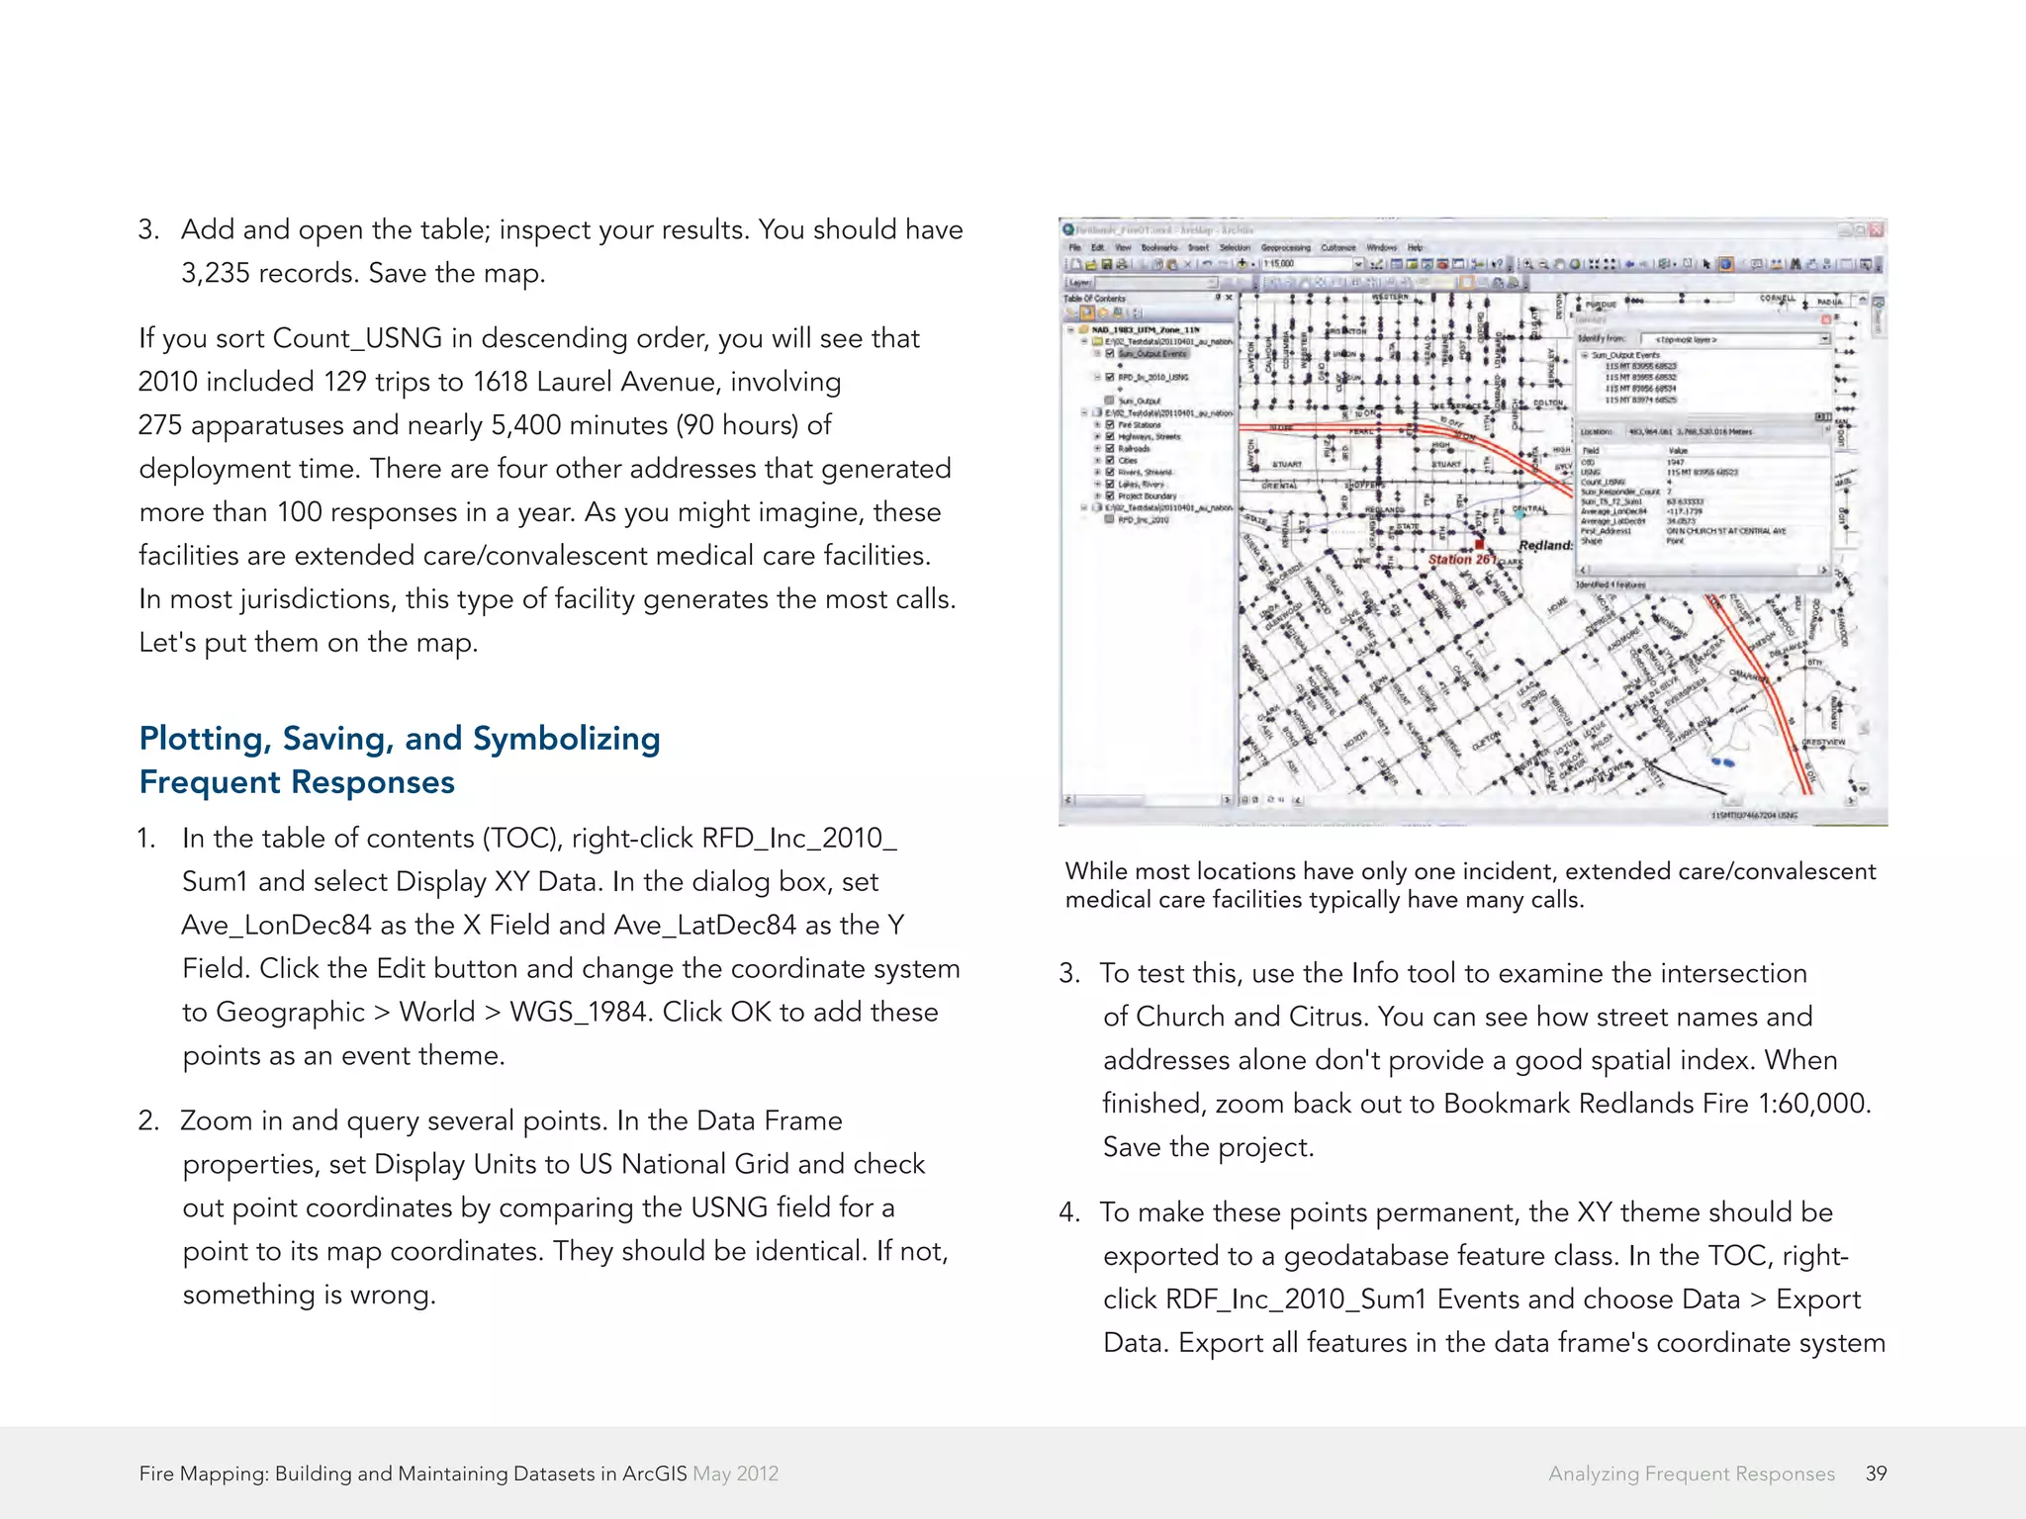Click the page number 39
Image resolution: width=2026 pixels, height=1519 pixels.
click(1876, 1474)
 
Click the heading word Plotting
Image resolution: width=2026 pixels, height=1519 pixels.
click(204, 739)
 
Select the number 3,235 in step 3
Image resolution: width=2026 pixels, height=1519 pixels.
click(215, 273)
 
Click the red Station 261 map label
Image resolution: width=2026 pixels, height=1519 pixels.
click(1462, 560)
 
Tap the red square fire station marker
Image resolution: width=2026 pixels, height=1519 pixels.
click(1479, 544)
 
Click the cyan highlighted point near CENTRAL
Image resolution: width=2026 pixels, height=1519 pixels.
click(1519, 514)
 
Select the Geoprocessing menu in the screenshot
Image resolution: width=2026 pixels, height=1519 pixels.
click(1285, 248)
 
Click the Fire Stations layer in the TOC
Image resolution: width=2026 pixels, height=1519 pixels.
click(1140, 425)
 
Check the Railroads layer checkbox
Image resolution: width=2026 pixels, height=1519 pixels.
click(1110, 448)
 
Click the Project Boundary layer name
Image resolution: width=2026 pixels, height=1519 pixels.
click(1148, 496)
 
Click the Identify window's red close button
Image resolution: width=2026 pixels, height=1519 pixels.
click(1826, 319)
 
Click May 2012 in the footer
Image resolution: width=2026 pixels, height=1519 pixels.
click(735, 1474)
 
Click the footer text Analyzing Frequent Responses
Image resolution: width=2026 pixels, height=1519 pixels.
click(1691, 1474)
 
